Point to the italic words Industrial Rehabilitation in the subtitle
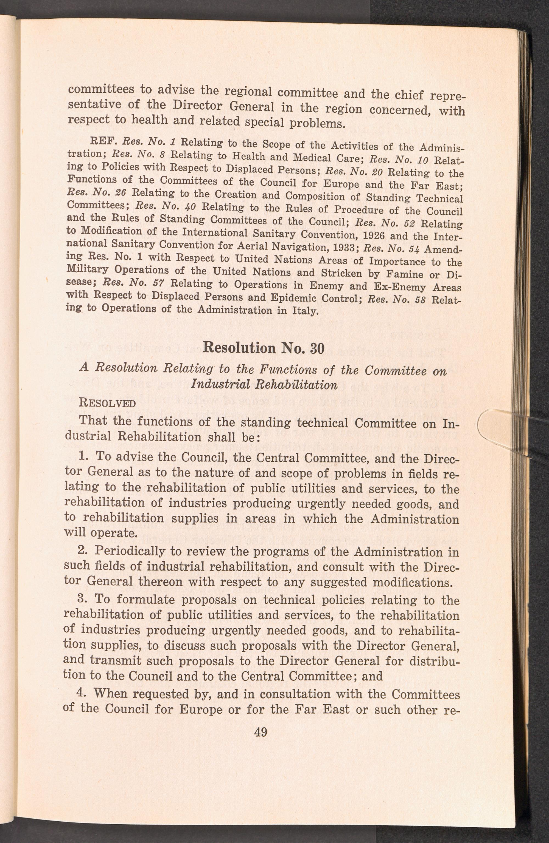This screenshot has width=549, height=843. pos(264,385)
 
